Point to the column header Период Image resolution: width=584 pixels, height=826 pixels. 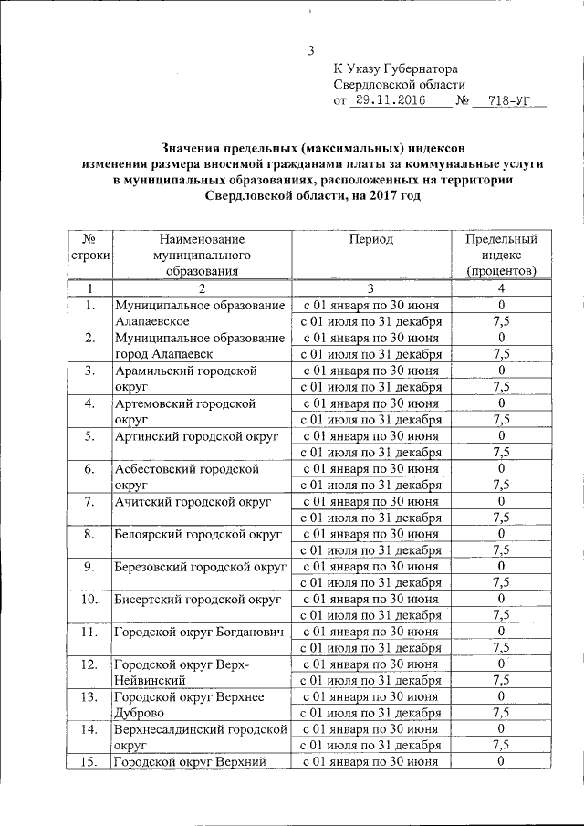coord(371,239)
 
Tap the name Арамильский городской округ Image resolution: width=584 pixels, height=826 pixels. coord(186,378)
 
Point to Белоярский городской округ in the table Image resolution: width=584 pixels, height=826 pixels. coord(198,533)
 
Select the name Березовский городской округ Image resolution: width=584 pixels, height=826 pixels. coord(198,566)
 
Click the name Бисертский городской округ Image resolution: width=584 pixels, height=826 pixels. coord(197,600)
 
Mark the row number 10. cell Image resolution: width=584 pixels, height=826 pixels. coord(89,600)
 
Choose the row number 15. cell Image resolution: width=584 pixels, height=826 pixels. coord(89,762)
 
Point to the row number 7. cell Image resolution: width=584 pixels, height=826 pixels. coord(89,501)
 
